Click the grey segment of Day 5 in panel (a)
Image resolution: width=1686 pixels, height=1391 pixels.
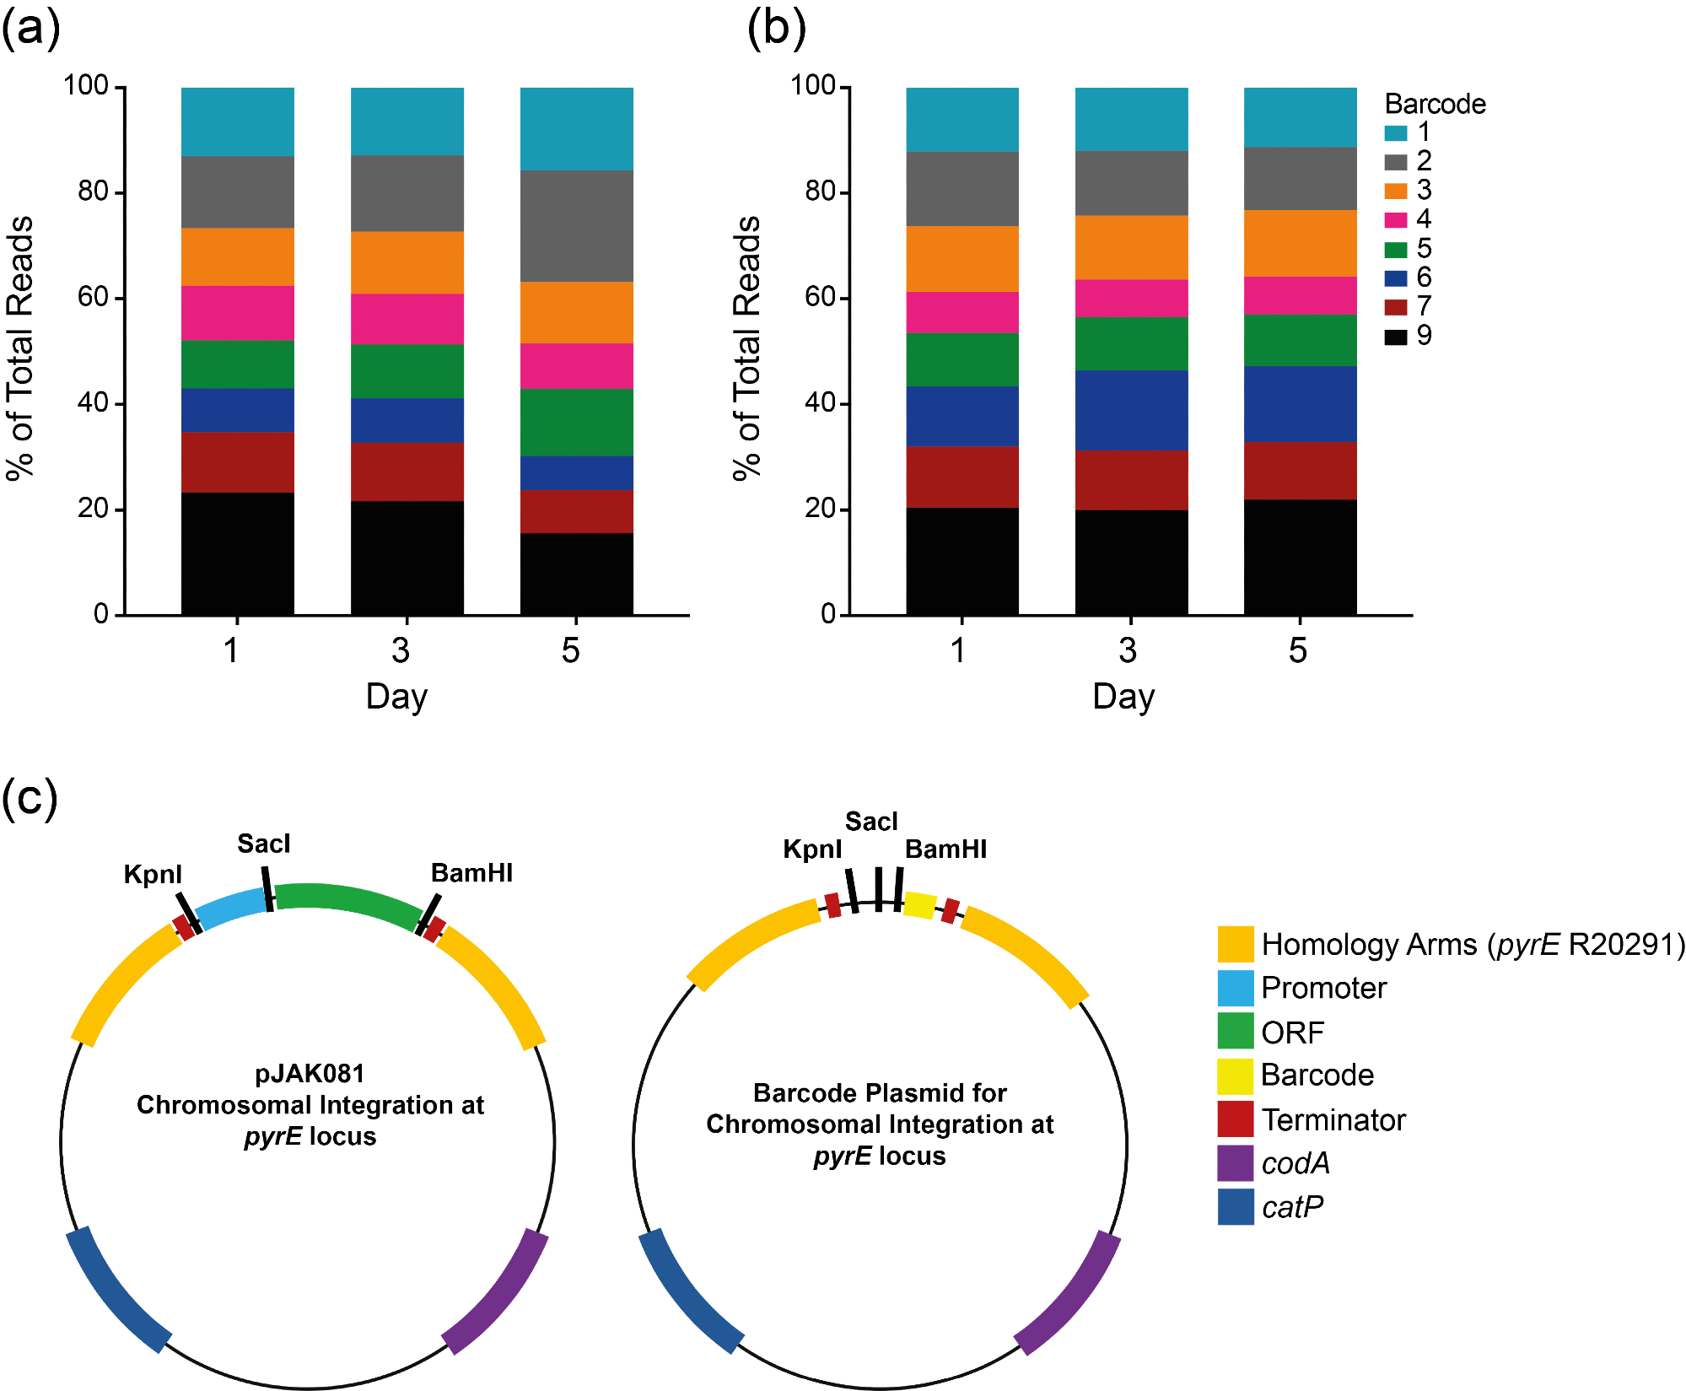click(576, 225)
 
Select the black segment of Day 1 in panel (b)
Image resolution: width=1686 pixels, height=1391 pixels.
click(962, 561)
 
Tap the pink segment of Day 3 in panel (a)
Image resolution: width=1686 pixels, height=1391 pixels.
click(407, 318)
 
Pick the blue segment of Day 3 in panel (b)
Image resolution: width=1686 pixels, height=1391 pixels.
click(1131, 409)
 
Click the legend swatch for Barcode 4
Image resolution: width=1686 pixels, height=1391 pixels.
click(1396, 219)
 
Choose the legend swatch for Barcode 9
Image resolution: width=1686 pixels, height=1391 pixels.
click(1396, 337)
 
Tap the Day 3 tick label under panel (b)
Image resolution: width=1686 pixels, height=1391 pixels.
click(1128, 650)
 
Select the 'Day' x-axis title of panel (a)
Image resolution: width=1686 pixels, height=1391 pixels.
click(396, 697)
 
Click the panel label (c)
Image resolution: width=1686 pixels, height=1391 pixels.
click(30, 797)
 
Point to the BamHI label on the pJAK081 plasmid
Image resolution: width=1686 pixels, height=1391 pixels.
click(471, 873)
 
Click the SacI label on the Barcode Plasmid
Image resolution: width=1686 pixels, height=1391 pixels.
click(871, 822)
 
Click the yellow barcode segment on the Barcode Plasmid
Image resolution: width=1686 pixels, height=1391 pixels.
click(919, 904)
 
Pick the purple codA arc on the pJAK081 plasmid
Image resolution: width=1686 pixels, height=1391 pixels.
click(498, 1292)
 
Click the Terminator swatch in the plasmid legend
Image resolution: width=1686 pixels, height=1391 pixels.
click(1235, 1119)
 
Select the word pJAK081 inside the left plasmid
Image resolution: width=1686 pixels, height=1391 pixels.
click(310, 1074)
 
